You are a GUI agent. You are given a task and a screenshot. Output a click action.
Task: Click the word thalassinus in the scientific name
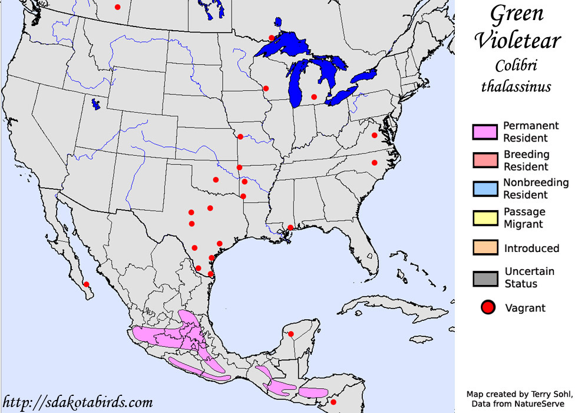coord(516,86)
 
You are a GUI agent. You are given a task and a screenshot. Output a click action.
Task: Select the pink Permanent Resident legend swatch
coord(485,132)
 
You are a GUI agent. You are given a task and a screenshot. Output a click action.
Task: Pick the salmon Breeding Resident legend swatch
coord(485,160)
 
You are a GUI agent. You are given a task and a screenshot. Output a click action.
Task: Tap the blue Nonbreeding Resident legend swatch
coord(485,188)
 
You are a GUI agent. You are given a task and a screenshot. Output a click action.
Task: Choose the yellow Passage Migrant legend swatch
coord(485,218)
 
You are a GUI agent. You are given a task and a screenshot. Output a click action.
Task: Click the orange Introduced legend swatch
coord(485,247)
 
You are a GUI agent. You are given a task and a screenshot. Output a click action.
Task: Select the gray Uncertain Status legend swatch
coord(485,277)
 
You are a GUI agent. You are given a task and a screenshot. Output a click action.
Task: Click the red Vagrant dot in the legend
coord(487,307)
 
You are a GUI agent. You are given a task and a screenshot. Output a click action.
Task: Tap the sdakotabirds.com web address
coord(77,402)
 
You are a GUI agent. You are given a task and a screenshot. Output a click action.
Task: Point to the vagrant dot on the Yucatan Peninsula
coord(290,335)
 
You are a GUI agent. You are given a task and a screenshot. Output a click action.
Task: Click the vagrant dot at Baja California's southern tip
coord(86,284)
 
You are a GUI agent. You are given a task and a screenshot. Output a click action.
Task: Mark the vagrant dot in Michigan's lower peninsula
coord(314,97)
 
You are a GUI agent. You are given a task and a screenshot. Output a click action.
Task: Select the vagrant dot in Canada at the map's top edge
coord(117,7)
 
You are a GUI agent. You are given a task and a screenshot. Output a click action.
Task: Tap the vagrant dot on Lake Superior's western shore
coord(271,38)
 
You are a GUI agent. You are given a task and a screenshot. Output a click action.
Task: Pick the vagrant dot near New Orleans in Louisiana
coord(290,228)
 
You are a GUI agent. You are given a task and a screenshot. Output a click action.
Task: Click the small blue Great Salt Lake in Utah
coord(95,104)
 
